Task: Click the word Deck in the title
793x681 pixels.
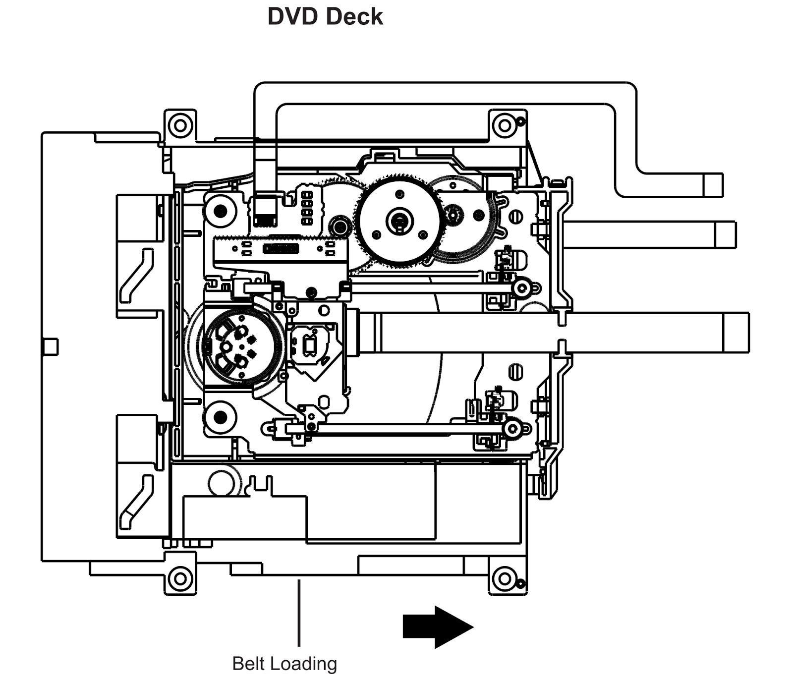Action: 354,16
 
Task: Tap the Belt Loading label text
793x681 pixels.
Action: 284,663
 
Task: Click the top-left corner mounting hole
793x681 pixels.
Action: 180,124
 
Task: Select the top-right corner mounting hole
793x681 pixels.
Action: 505,125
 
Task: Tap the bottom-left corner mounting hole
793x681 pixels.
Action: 180,578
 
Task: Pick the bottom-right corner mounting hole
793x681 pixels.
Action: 505,578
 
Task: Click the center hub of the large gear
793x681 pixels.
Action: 399,219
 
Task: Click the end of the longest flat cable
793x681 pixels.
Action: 736,333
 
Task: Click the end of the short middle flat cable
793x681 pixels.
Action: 725,234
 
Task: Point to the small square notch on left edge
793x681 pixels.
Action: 51,346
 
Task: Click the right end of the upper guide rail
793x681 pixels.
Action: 521,287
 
